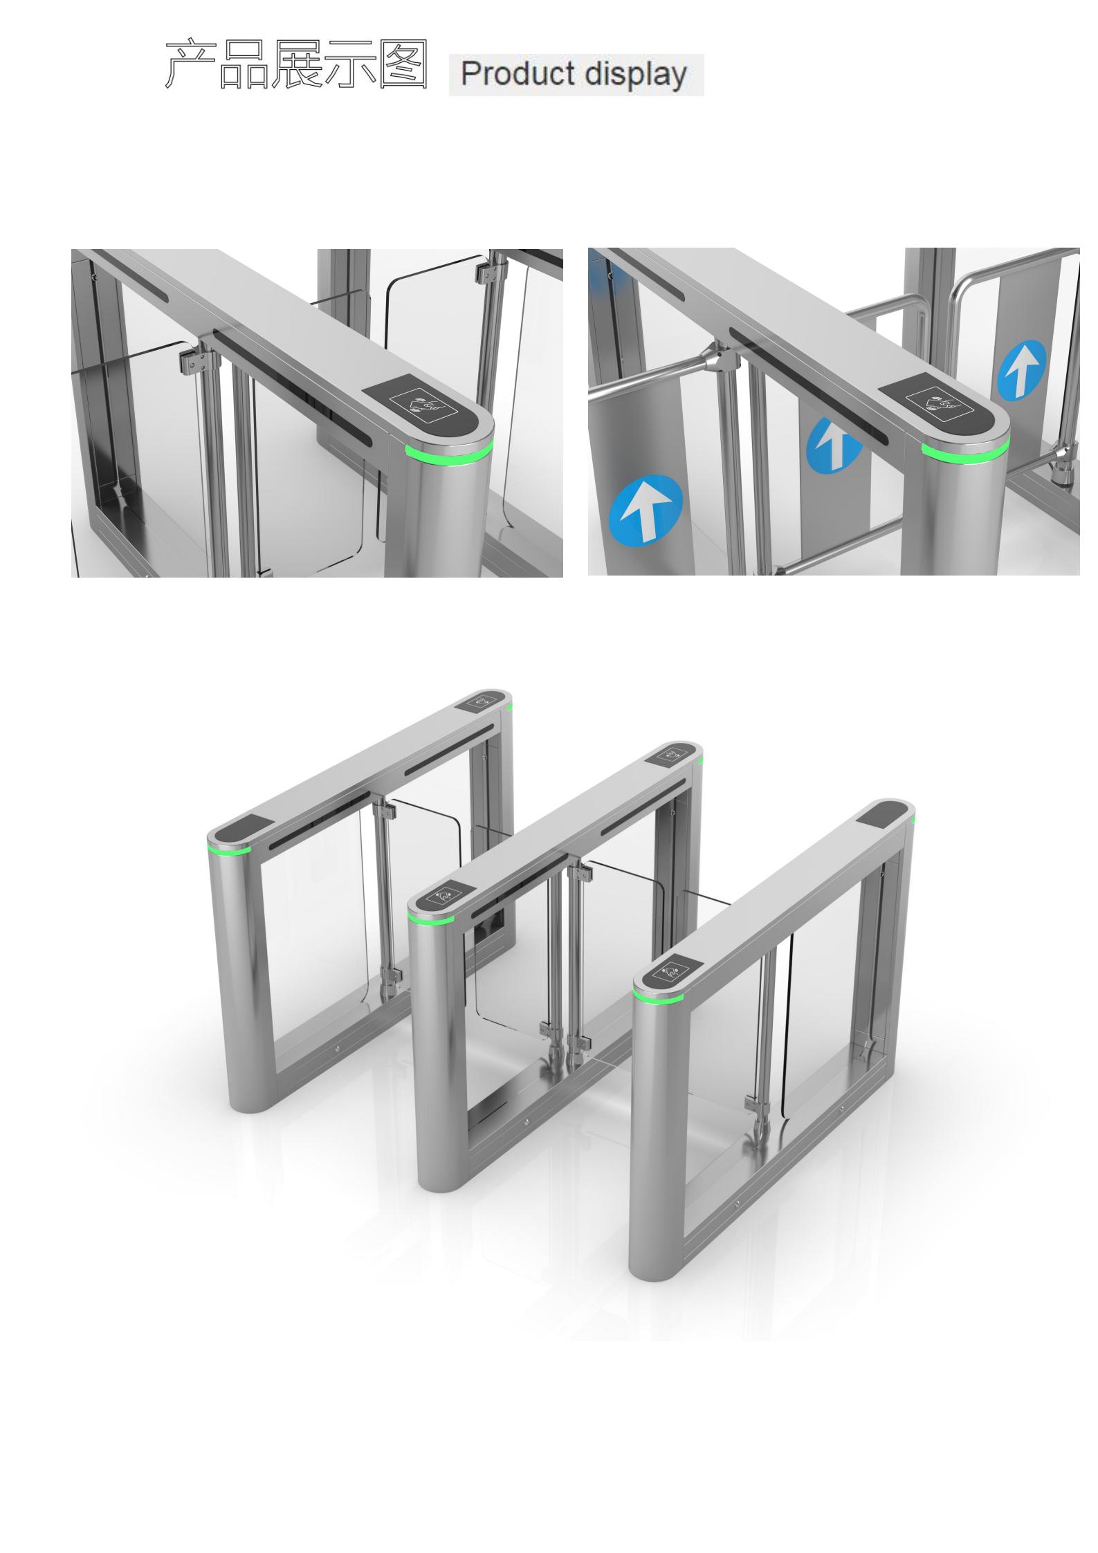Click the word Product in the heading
(517, 73)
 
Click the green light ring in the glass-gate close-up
(450, 454)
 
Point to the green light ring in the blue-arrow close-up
(965, 452)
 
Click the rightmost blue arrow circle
(1021, 369)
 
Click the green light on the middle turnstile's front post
(430, 918)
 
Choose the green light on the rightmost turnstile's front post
(657, 996)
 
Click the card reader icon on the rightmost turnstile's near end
(669, 975)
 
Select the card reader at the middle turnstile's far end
(673, 754)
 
